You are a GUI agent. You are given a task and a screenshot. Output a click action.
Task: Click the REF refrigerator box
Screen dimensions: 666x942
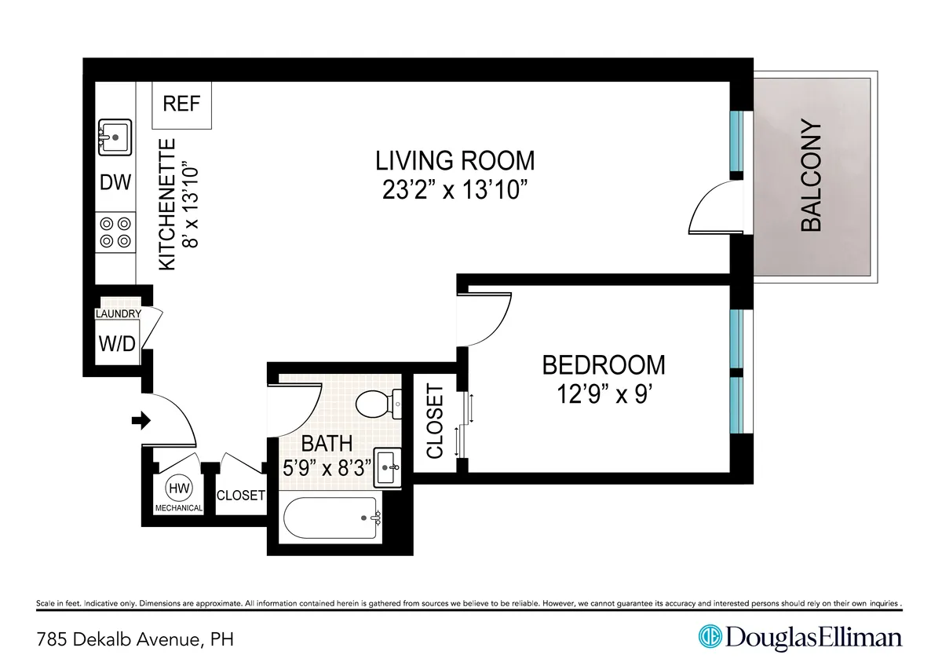click(x=181, y=104)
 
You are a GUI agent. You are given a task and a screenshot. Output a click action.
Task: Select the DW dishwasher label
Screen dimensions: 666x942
click(x=115, y=183)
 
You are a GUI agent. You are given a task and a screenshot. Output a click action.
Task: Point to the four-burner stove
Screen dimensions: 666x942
click(x=115, y=233)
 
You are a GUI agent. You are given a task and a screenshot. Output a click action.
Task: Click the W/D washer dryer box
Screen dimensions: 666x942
click(x=116, y=344)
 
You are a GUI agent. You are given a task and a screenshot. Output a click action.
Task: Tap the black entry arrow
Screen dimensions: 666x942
click(x=141, y=422)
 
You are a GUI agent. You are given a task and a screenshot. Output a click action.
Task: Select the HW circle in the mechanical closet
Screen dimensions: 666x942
click(x=178, y=489)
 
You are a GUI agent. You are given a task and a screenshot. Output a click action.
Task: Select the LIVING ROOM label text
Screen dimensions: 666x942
click(x=455, y=160)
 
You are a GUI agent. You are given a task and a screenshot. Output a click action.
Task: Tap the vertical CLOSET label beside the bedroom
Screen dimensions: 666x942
click(x=435, y=421)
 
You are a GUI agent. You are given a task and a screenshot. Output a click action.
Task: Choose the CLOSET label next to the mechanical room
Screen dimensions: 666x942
click(x=240, y=496)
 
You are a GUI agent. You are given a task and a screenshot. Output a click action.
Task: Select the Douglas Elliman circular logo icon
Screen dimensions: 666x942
click(x=710, y=637)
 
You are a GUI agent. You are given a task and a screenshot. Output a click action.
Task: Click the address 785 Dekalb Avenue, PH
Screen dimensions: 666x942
click(x=135, y=639)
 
